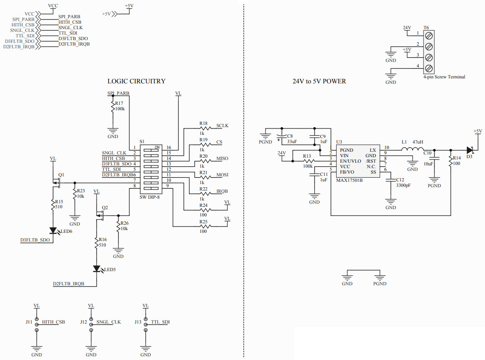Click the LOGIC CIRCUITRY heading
point(136,82)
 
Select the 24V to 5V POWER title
point(319,82)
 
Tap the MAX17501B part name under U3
point(349,180)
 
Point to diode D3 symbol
point(470,149)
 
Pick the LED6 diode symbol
point(52,231)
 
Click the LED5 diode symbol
point(97,269)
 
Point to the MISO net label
point(222,158)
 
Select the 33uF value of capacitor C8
point(292,142)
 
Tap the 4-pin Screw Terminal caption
point(444,77)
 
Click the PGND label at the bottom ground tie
point(379,283)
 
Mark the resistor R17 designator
point(119,103)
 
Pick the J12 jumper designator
point(83,322)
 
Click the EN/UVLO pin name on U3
point(350,161)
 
